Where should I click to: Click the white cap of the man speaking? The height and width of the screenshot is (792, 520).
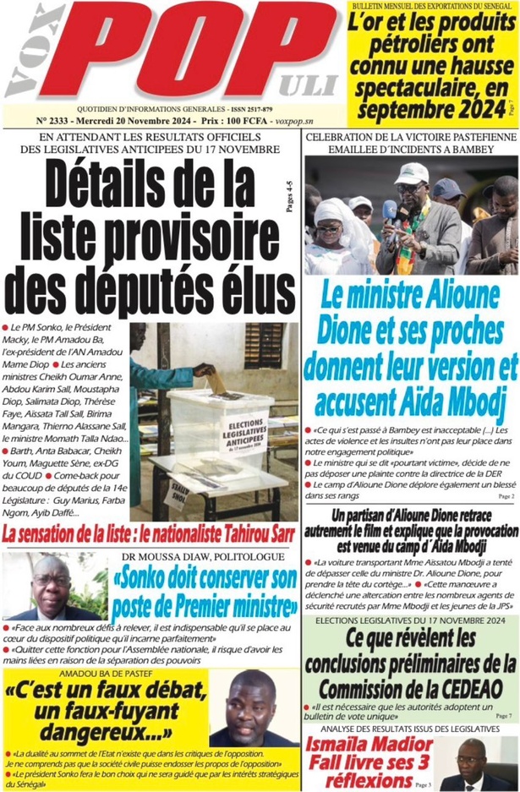412,173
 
